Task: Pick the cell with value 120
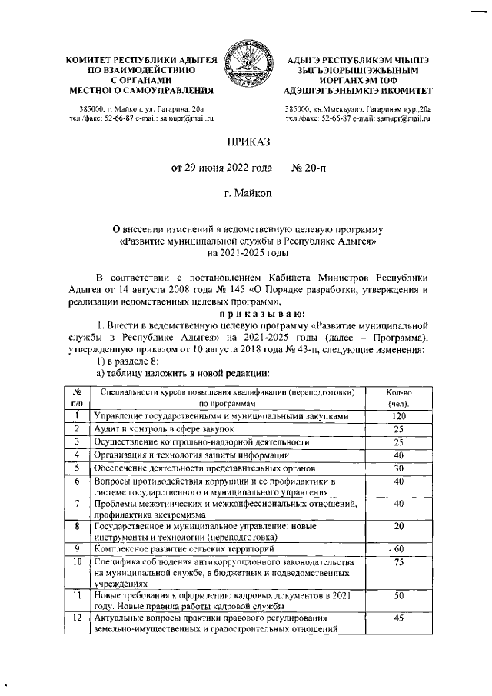398,416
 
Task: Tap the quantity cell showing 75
398,563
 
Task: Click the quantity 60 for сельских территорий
398,549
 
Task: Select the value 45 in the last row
398,617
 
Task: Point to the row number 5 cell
78,468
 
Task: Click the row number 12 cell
78,617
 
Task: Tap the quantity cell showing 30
398,468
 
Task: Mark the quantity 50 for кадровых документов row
398,596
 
